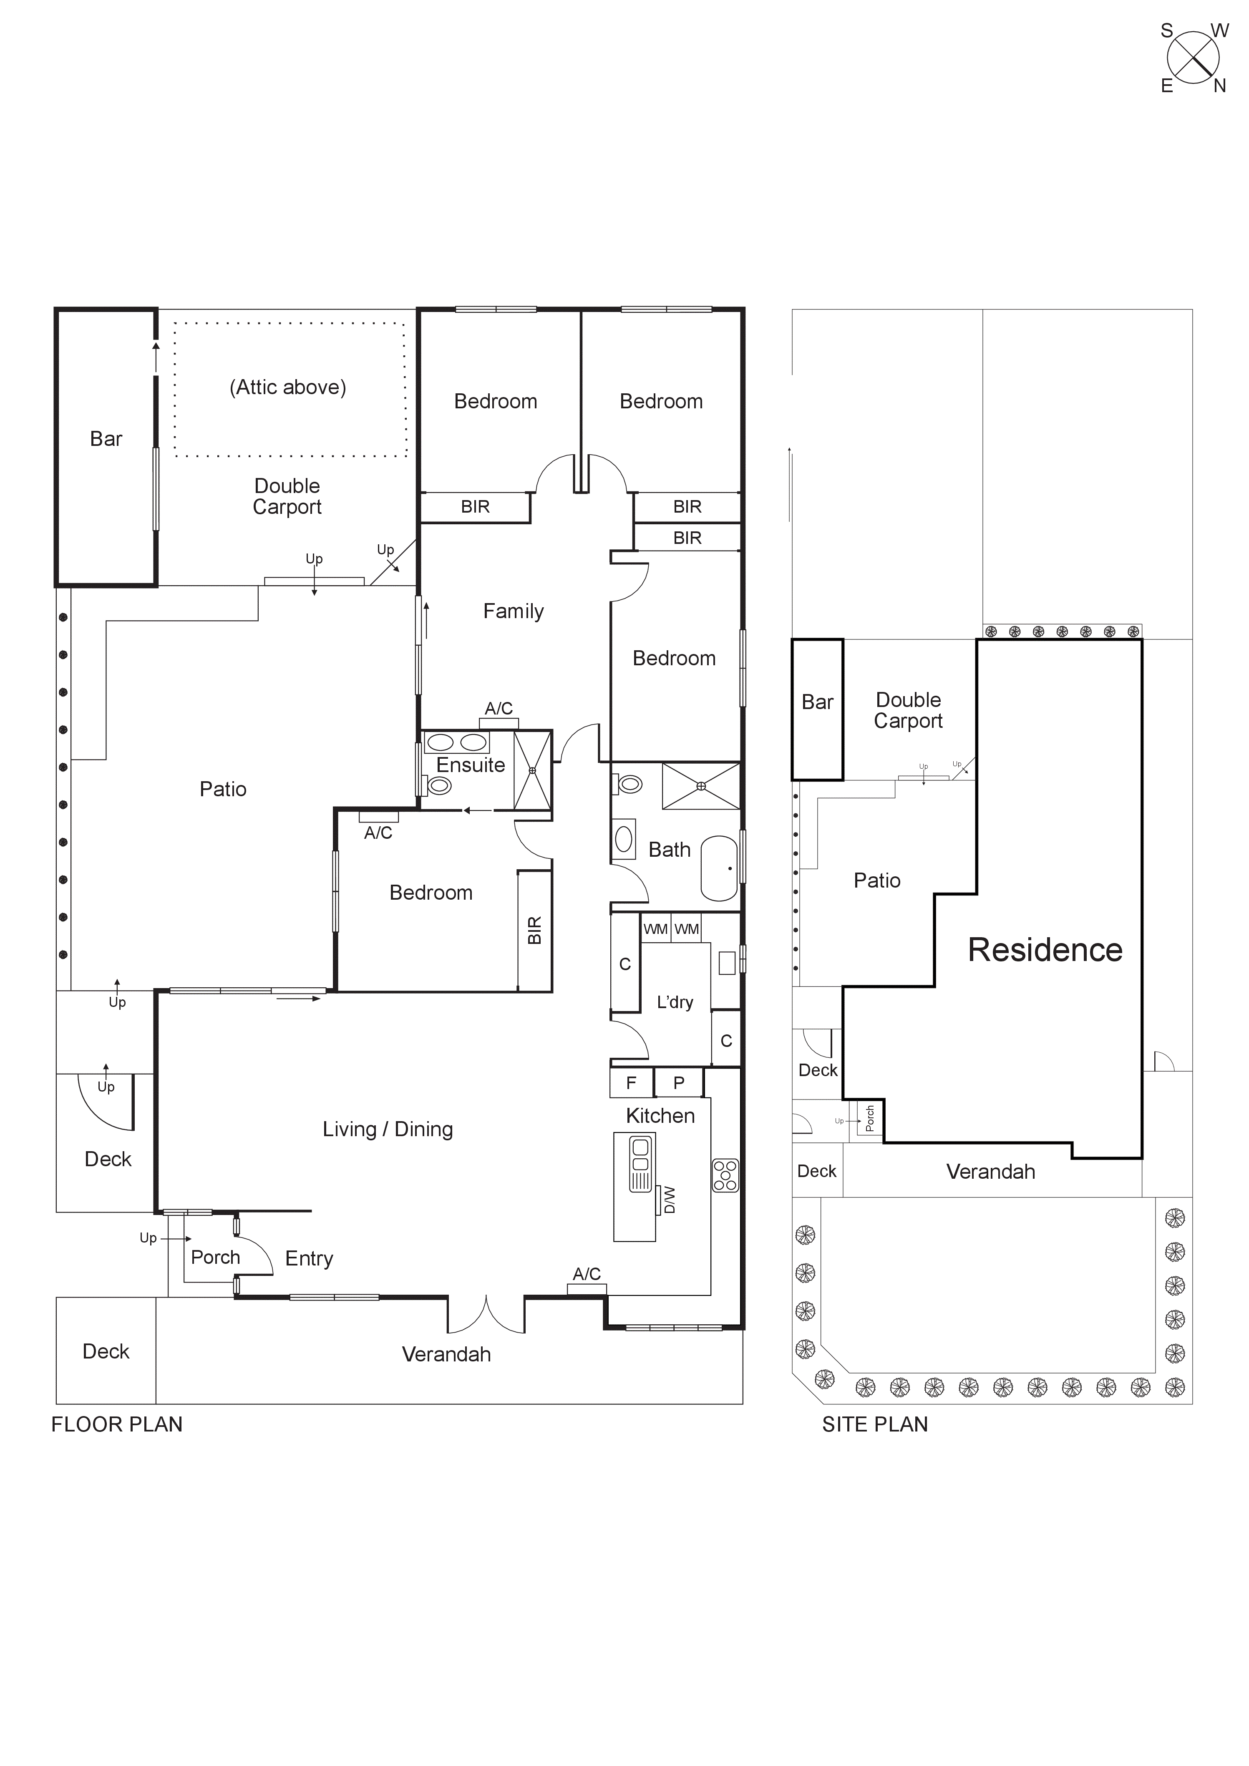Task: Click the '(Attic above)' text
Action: point(288,387)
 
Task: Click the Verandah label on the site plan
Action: point(991,1172)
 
